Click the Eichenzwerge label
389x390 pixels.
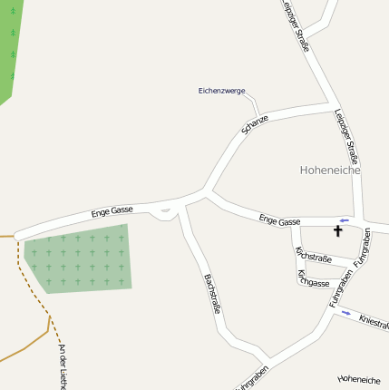pos(221,90)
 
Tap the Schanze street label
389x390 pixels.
pos(256,124)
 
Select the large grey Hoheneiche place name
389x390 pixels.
pos(330,170)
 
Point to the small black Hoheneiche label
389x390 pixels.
pos(358,379)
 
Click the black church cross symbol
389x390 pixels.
pos(338,231)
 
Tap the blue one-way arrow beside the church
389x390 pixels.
pos(344,220)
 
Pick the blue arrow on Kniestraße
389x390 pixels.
pos(345,314)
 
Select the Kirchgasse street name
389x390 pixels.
pos(313,278)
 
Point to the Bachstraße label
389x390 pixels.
pos(212,293)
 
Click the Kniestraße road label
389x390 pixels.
pos(374,321)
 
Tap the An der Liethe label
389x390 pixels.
pos(62,366)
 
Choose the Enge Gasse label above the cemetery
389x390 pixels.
pos(112,213)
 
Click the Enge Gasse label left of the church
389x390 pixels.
pos(279,220)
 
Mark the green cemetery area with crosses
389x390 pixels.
pos(77,258)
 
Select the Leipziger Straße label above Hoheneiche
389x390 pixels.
pos(347,136)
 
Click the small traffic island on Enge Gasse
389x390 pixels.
pos(164,213)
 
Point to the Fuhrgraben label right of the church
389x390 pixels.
pos(363,248)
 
